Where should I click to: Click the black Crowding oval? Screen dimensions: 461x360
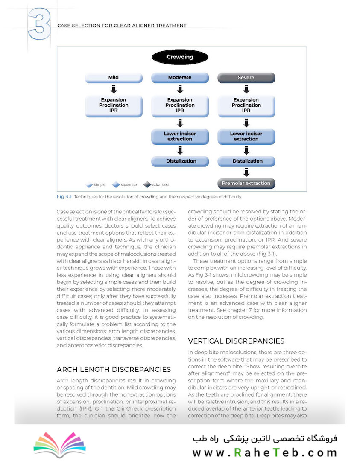(180, 57)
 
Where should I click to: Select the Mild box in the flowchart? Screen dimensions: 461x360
(113, 78)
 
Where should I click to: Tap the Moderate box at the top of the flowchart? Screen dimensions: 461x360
(180, 78)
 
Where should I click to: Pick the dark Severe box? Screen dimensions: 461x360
(246, 78)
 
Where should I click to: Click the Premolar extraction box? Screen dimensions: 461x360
(246, 183)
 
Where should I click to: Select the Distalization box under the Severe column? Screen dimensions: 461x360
(246, 161)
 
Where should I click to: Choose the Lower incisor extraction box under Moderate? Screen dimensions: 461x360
(180, 136)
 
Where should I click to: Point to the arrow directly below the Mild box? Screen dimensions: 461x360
(113, 89)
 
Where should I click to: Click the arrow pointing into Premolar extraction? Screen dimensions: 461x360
(246, 172)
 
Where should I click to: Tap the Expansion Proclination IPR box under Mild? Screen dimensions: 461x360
(113, 105)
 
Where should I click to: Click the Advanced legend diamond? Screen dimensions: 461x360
(147, 185)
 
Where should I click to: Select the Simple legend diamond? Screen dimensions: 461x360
(89, 185)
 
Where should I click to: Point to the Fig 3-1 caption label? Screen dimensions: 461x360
(64, 197)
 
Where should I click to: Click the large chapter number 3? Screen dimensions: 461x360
(39, 26)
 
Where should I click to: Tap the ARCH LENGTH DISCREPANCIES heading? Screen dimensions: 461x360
(114, 369)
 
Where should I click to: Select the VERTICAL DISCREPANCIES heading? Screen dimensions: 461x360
(236, 341)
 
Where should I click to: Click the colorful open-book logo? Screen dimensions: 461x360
(59, 444)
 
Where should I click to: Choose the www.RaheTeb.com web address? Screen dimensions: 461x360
(265, 452)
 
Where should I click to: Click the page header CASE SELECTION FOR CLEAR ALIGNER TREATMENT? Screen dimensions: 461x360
(122, 26)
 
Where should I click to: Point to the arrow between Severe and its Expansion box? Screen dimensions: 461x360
(246, 89)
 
